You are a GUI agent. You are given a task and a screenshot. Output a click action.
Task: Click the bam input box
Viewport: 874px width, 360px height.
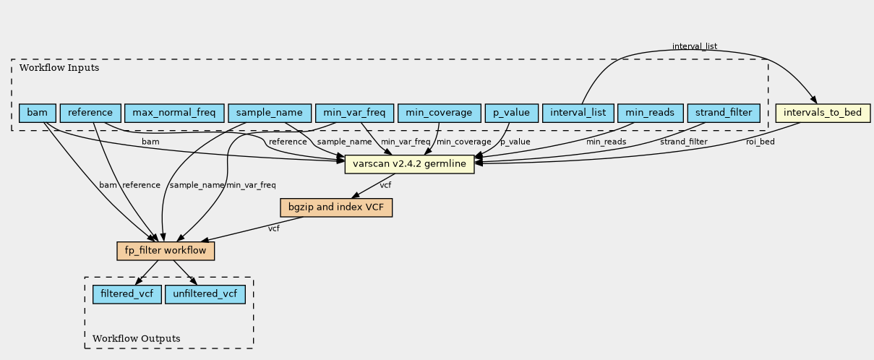pyautogui.click(x=38, y=113)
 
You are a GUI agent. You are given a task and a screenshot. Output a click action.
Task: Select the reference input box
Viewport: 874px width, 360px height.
pyautogui.click(x=90, y=113)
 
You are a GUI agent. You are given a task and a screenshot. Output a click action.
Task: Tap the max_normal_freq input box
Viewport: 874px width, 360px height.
pyautogui.click(x=174, y=113)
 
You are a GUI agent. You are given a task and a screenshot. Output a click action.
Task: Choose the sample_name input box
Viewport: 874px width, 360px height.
pyautogui.click(x=270, y=113)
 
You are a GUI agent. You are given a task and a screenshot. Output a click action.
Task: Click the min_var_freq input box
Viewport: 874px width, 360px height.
pyautogui.click(x=354, y=113)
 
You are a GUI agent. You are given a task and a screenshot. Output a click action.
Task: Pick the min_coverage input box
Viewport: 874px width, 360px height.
pyautogui.click(x=439, y=113)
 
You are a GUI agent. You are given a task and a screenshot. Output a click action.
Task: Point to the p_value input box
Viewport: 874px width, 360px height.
pyautogui.click(x=512, y=113)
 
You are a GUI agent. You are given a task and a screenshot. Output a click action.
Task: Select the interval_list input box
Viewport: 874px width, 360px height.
pyautogui.click(x=578, y=113)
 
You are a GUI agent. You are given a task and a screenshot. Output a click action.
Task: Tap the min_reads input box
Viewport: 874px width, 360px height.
pyautogui.click(x=650, y=113)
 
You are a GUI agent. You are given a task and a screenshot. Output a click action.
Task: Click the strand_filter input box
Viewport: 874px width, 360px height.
pyautogui.click(x=724, y=113)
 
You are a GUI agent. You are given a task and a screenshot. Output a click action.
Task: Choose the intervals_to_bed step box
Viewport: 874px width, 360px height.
pyautogui.click(x=822, y=113)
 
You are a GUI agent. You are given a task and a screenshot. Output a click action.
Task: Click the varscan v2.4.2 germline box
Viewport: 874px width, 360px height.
pyautogui.click(x=409, y=165)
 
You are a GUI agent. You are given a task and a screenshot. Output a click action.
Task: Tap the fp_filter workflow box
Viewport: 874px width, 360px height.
pyautogui.click(x=166, y=251)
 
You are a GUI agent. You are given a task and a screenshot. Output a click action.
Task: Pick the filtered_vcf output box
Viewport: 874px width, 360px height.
pyautogui.click(x=127, y=294)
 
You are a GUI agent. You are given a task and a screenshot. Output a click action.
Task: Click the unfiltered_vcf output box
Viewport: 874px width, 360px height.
pyautogui.click(x=205, y=294)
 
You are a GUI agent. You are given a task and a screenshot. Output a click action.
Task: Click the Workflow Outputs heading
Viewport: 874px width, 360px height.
pyautogui.click(x=137, y=338)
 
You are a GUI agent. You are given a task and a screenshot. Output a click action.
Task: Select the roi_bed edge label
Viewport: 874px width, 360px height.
pyautogui.click(x=760, y=142)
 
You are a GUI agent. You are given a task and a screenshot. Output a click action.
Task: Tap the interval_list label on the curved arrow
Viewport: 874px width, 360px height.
pyautogui.click(x=694, y=46)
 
